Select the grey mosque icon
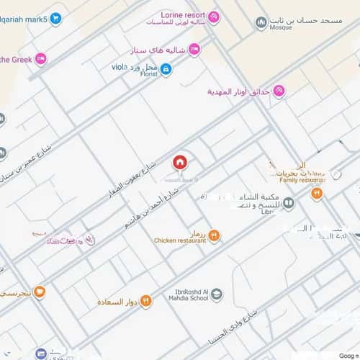coord(261,23)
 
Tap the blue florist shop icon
coord(166,69)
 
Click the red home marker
coord(179,162)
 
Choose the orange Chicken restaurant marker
coord(214,234)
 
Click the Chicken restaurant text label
coord(180,240)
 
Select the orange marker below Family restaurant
coord(315,193)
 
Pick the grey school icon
coord(217,294)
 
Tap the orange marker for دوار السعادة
coord(145,300)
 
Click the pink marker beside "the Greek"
coord(41,59)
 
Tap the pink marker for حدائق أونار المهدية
coord(279,91)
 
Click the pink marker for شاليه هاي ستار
coord(194,49)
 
